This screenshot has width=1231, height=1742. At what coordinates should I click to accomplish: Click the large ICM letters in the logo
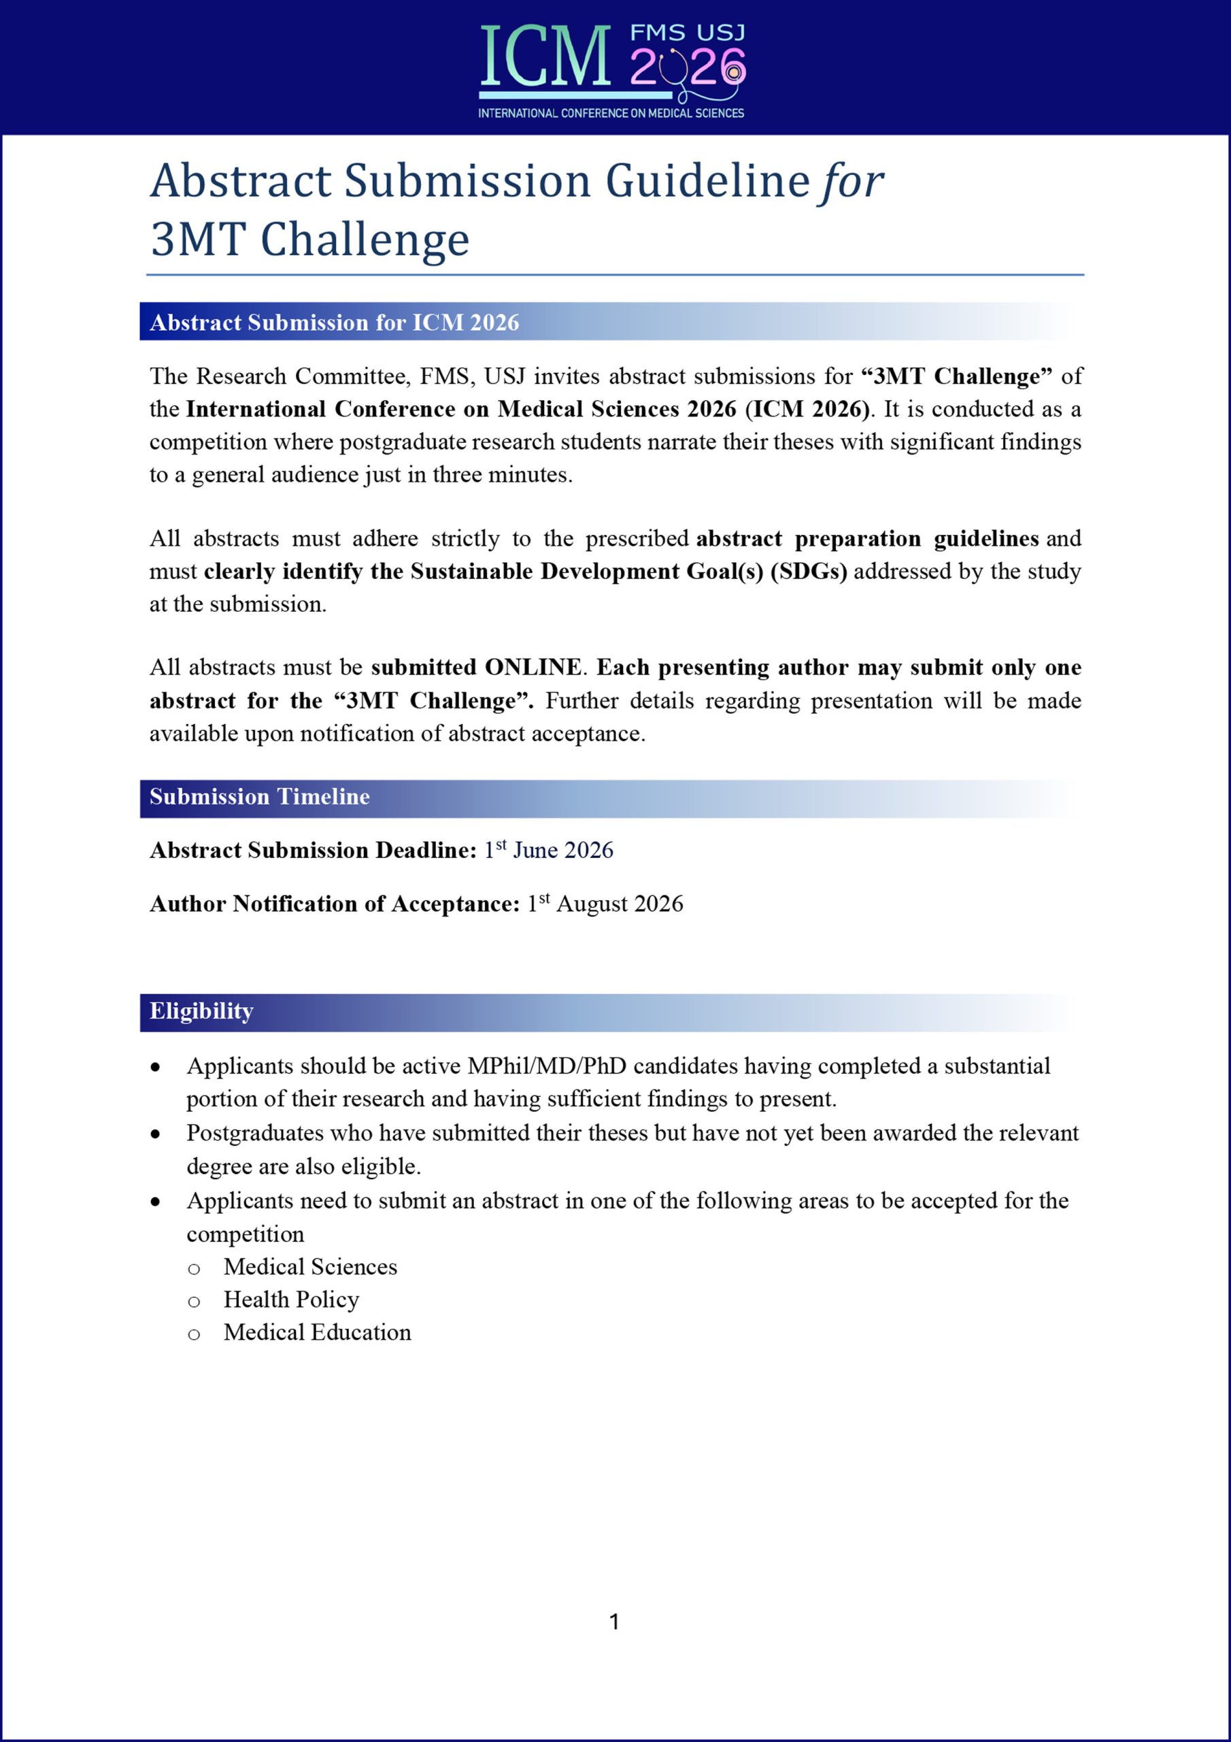[x=545, y=58]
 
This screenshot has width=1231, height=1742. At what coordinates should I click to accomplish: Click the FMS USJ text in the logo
[x=688, y=33]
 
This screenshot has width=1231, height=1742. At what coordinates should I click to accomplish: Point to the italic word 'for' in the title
[x=849, y=182]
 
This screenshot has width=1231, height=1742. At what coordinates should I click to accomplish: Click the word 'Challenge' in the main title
[x=365, y=240]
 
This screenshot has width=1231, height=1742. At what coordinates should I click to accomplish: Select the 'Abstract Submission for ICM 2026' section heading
[x=335, y=323]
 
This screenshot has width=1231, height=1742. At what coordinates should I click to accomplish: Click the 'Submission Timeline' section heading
[x=259, y=797]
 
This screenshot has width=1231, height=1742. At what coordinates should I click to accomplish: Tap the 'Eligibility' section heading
[x=201, y=1011]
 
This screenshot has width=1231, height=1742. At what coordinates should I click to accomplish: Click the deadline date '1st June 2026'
[x=548, y=850]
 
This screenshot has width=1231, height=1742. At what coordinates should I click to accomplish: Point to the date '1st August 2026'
[x=605, y=904]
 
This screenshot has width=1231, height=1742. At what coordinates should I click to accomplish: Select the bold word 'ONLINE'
[x=533, y=668]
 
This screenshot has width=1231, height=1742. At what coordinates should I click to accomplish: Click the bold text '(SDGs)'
[x=809, y=572]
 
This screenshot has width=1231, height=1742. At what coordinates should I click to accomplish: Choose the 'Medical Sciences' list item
[x=310, y=1267]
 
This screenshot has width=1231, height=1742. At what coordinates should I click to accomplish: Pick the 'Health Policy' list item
[x=291, y=1300]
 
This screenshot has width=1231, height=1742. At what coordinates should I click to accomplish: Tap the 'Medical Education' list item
[x=317, y=1332]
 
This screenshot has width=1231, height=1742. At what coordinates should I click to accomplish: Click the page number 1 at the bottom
[x=614, y=1622]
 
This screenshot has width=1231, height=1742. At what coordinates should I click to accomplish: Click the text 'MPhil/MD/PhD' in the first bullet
[x=547, y=1066]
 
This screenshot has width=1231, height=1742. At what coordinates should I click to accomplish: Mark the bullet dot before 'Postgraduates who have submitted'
[x=156, y=1134]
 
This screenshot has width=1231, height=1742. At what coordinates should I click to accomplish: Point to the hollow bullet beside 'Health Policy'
[x=194, y=1302]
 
